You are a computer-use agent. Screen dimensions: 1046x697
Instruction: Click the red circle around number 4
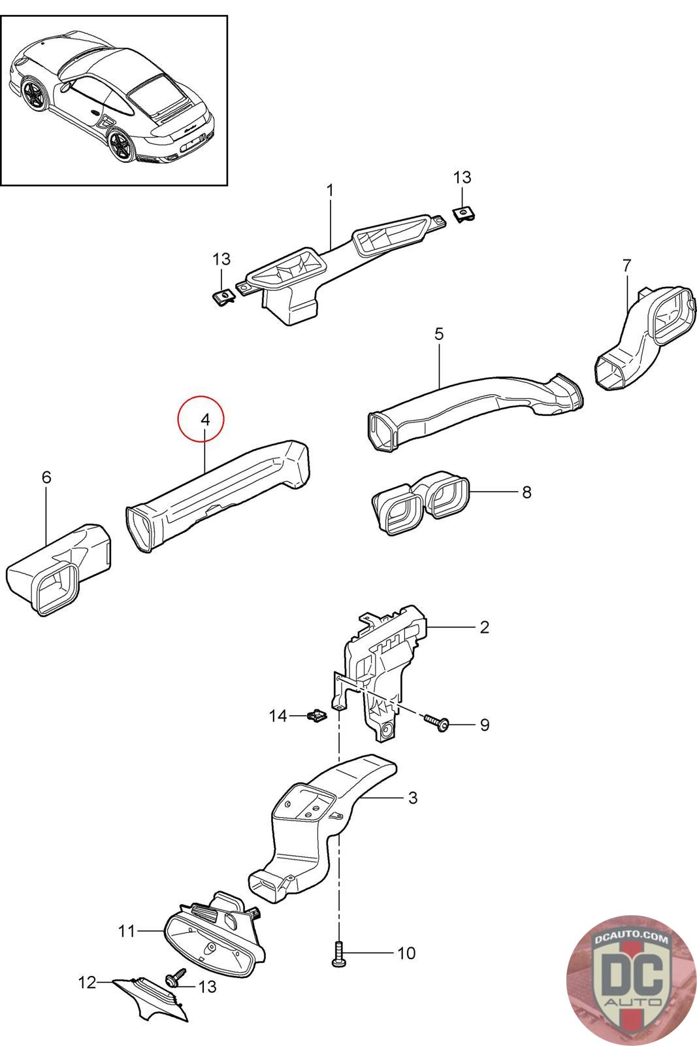(x=201, y=419)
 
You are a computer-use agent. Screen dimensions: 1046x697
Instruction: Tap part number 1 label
(x=330, y=190)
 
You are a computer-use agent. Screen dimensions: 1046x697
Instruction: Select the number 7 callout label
(x=626, y=265)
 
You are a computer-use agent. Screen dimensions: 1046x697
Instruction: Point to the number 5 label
(x=439, y=334)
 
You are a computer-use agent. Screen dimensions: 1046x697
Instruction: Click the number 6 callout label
(x=46, y=477)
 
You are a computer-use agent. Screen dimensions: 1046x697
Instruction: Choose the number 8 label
(x=527, y=492)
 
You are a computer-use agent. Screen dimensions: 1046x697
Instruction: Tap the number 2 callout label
(x=484, y=627)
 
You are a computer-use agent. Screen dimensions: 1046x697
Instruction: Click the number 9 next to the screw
(x=484, y=725)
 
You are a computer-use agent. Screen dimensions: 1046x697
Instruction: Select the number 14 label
(x=278, y=717)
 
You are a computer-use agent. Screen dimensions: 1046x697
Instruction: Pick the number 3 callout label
(x=412, y=798)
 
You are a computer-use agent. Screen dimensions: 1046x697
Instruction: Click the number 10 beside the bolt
(x=406, y=953)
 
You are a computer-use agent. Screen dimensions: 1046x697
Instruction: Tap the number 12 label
(x=87, y=983)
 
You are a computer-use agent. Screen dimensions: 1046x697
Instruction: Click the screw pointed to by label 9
(x=436, y=722)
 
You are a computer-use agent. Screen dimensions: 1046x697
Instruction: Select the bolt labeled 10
(x=338, y=954)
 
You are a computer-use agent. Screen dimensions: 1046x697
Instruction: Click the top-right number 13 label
(x=462, y=177)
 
